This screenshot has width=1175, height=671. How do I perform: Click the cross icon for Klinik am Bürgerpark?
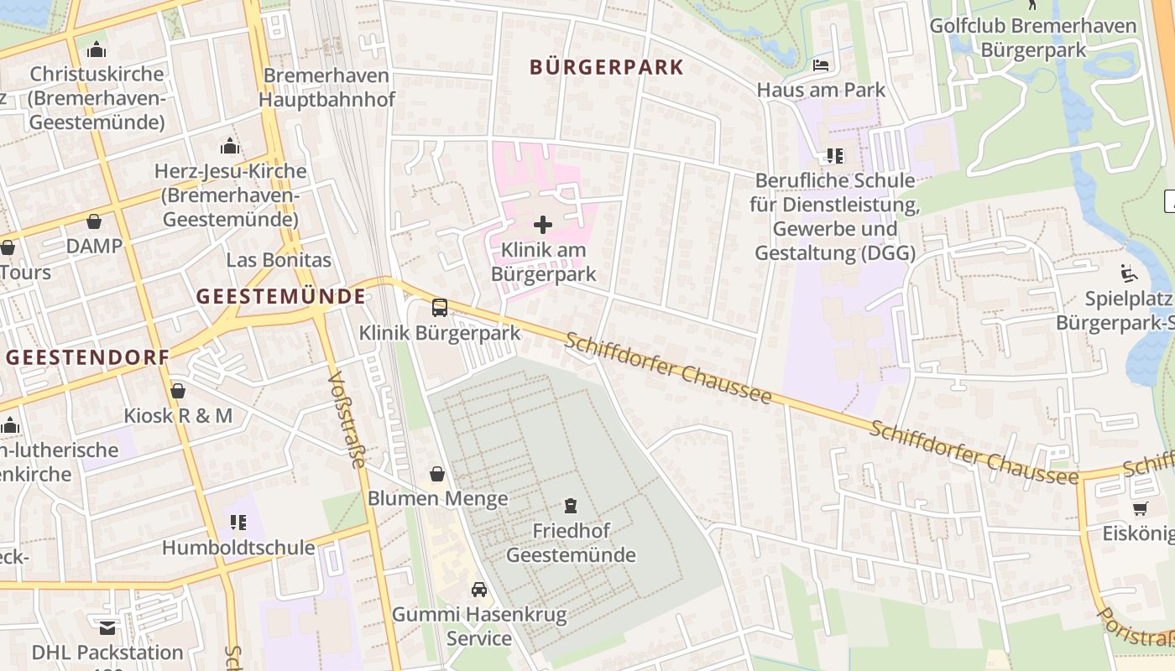tap(543, 224)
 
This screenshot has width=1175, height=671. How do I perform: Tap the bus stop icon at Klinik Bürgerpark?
tap(439, 307)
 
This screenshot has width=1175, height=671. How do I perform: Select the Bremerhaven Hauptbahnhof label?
tap(326, 87)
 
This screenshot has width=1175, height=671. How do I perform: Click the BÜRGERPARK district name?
tap(607, 67)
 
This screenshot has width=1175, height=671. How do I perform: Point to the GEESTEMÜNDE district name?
tap(281, 296)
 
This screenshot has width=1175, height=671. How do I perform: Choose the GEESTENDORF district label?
tap(88, 356)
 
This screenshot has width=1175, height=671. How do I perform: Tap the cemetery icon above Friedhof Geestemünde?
tap(571, 505)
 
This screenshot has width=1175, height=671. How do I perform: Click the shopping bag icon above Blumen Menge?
tap(436, 474)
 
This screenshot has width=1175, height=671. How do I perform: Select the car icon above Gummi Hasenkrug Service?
tap(478, 589)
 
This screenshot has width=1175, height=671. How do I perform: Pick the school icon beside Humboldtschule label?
tap(238, 523)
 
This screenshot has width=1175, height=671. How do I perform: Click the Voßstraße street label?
tap(347, 419)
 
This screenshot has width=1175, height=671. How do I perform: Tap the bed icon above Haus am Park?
tap(821, 65)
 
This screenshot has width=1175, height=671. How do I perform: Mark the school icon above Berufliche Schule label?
tap(834, 155)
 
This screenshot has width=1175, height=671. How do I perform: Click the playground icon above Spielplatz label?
tap(1129, 273)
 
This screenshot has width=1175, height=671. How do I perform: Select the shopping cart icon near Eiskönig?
tap(1140, 508)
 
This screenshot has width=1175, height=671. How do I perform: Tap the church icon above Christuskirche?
tap(97, 49)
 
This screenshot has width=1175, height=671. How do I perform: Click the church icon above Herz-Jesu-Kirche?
tap(230, 147)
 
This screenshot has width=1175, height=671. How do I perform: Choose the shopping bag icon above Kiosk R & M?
tap(177, 391)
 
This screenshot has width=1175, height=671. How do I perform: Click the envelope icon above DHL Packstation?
tap(107, 627)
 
